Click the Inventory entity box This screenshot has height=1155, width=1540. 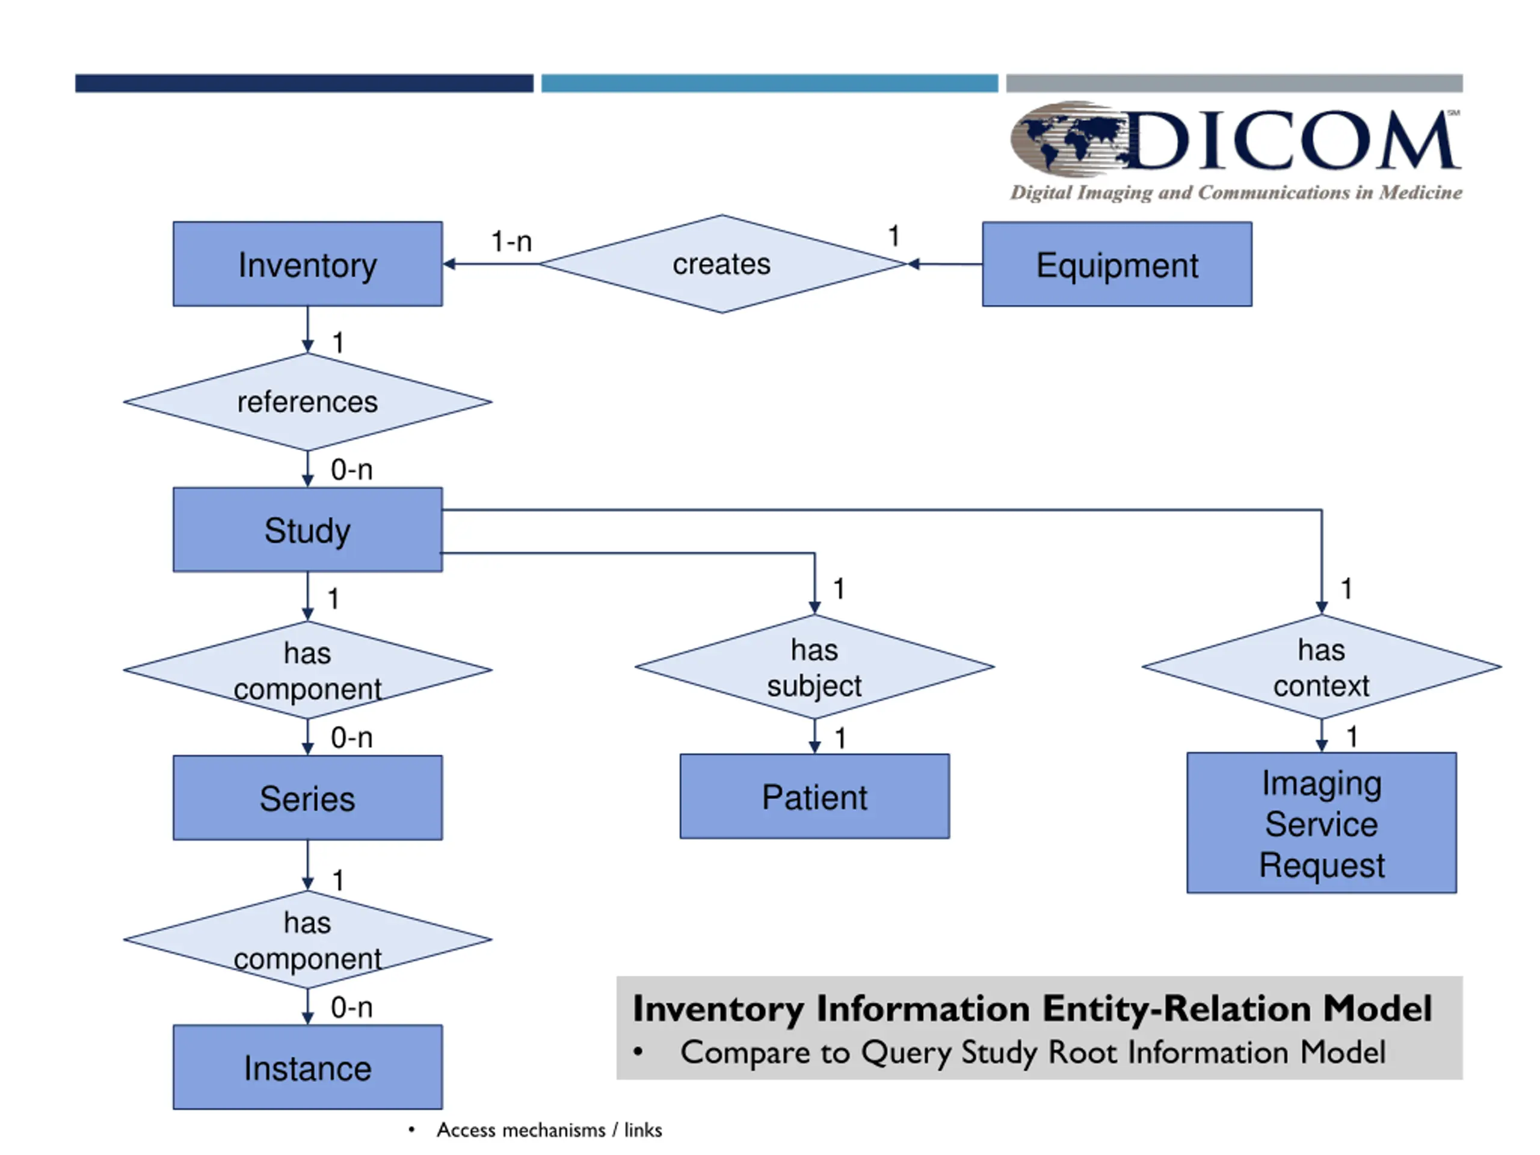pyautogui.click(x=308, y=264)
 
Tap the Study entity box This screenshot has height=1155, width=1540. pyautogui.click(x=308, y=530)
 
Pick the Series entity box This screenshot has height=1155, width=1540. pyautogui.click(x=308, y=798)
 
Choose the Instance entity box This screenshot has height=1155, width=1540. pyautogui.click(x=308, y=1067)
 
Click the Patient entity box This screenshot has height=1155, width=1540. pyautogui.click(x=815, y=796)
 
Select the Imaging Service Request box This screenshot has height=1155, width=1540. pyautogui.click(x=1322, y=823)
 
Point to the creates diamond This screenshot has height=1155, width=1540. pyautogui.click(x=722, y=264)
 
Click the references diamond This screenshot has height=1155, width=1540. pyautogui.click(x=308, y=402)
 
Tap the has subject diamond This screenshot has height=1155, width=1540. pyautogui.click(x=815, y=667)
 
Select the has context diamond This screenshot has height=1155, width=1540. pyautogui.click(x=1322, y=667)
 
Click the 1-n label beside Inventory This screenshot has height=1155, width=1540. pyautogui.click(x=512, y=242)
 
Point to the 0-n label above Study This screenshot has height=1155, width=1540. pyautogui.click(x=351, y=470)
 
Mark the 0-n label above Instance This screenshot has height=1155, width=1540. pyautogui.click(x=351, y=1008)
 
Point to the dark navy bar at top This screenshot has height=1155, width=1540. pyautogui.click(x=304, y=84)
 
